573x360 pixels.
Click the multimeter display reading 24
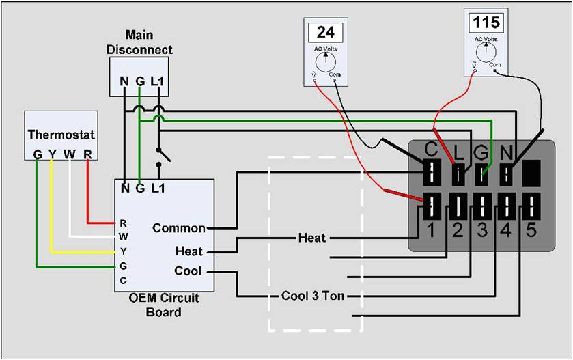(325, 32)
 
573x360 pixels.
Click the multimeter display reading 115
(486, 23)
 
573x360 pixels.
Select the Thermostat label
(61, 135)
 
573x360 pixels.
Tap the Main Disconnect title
(139, 42)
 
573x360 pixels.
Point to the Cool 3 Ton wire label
(313, 296)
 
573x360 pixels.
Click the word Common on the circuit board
(179, 228)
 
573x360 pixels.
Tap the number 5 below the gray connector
(531, 231)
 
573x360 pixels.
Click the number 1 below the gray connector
(432, 231)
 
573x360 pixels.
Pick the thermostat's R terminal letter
(87, 154)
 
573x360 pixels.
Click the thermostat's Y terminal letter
(51, 154)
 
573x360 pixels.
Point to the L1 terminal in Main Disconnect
(157, 82)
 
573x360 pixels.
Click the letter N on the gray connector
(507, 148)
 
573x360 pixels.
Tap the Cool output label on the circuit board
(188, 271)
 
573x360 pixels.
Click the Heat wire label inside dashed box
(312, 238)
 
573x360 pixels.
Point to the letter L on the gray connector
(458, 148)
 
